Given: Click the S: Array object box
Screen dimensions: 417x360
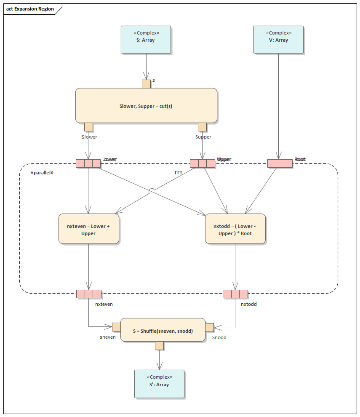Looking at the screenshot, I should tap(146, 40).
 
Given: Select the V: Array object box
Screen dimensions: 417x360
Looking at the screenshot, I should tap(278, 40).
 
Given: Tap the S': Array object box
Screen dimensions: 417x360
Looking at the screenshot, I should tap(159, 384).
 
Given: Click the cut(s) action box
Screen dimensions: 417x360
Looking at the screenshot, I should tap(146, 106).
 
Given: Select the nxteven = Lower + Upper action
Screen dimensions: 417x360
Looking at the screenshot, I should tap(88, 229).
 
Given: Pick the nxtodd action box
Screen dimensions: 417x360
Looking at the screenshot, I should tap(235, 229).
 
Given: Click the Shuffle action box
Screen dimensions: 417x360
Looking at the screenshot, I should tap(163, 331).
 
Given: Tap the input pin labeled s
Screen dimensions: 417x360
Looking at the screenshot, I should tap(146, 84).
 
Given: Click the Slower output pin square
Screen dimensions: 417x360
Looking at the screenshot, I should tap(88, 127).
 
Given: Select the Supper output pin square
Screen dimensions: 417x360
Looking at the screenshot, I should tap(202, 127).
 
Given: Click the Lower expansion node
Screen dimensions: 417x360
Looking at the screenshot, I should tap(88, 163).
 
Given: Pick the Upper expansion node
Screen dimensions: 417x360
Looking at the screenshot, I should tap(202, 163).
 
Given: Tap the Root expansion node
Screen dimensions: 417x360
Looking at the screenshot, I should tap(280, 163).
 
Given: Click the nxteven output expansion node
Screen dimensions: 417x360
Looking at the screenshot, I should tap(89, 294).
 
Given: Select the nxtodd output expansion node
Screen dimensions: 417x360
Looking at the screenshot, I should tap(235, 294).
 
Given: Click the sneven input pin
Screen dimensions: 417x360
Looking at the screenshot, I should tap(116, 327).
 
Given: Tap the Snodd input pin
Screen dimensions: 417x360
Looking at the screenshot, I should tap(209, 327).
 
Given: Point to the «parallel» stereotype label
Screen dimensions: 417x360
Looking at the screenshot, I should tap(42, 173).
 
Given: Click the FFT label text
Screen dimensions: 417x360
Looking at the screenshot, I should tap(179, 173).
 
